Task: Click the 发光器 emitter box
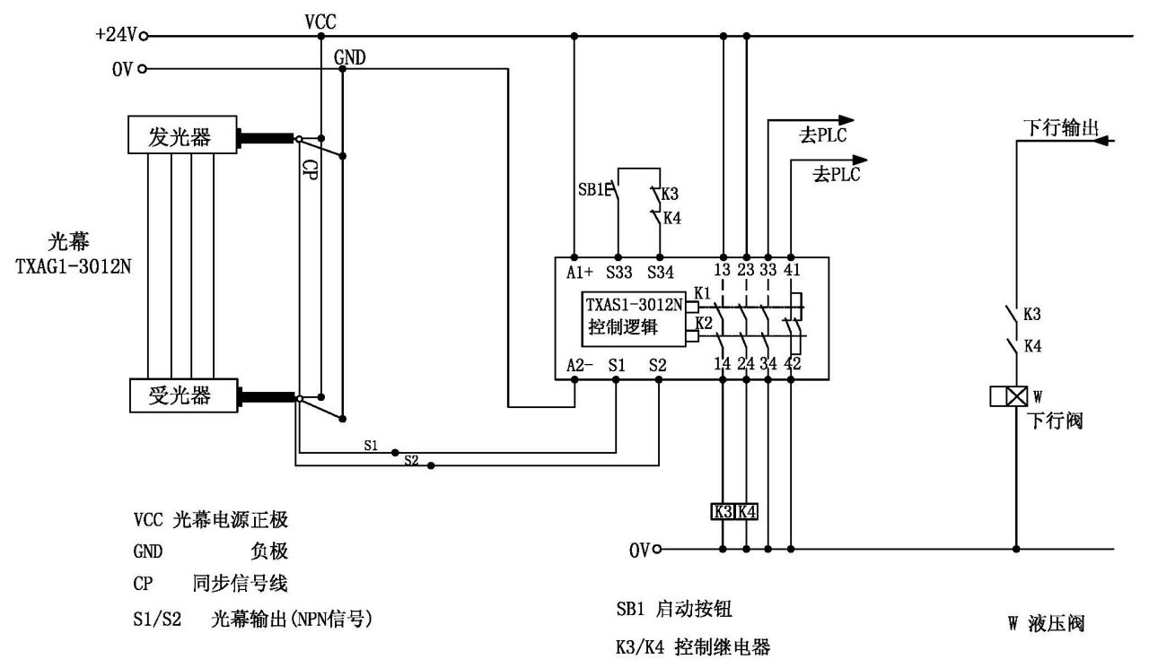click(x=183, y=137)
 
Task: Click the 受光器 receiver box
click(x=183, y=395)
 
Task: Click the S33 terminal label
click(x=618, y=272)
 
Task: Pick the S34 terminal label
click(x=661, y=272)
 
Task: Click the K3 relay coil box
click(x=724, y=512)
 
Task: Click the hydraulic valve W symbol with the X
click(x=1015, y=395)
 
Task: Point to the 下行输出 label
click(x=1060, y=126)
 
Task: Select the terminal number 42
click(x=791, y=365)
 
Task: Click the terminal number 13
click(x=724, y=272)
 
